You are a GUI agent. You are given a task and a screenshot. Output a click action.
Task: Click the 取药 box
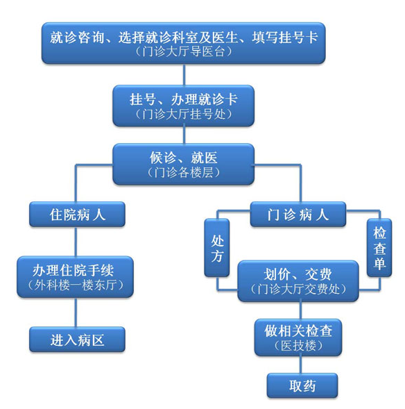pyautogui.click(x=302, y=385)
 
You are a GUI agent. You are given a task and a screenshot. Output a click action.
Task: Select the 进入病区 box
pyautogui.click(x=77, y=340)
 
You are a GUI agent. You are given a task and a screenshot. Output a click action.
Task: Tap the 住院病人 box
pyautogui.click(x=77, y=214)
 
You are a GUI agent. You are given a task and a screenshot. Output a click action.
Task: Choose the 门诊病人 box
pyautogui.click(x=298, y=214)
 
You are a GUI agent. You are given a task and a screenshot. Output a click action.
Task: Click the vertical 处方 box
pyautogui.click(x=217, y=247)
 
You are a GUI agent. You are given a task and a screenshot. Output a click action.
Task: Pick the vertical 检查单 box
pyautogui.click(x=379, y=247)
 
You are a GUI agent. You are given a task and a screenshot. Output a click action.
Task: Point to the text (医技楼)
pyautogui.click(x=298, y=346)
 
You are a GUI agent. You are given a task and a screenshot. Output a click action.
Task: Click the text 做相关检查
pyautogui.click(x=298, y=331)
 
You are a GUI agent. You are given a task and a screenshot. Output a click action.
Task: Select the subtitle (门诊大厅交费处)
pyautogui.click(x=298, y=289)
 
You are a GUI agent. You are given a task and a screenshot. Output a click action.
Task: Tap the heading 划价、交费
pyautogui.click(x=298, y=274)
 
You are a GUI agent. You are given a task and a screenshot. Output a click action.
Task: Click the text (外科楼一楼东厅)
pyautogui.click(x=76, y=285)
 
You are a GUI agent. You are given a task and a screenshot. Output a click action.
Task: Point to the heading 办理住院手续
pyautogui.click(x=74, y=270)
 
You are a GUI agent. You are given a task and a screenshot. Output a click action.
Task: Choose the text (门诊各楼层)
pyautogui.click(x=184, y=172)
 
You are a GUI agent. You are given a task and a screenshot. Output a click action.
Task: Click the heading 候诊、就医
pyautogui.click(x=184, y=158)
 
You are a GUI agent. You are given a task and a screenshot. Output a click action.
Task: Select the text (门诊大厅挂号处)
pyautogui.click(x=184, y=114)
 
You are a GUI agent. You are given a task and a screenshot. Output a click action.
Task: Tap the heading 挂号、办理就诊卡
pyautogui.click(x=184, y=99)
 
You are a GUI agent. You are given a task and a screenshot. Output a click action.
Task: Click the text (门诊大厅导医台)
pyautogui.click(x=184, y=51)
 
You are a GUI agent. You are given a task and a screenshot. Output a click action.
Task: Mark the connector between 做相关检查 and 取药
pyautogui.click(x=302, y=365)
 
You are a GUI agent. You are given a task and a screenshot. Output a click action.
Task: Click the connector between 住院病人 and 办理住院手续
pyautogui.click(x=76, y=241)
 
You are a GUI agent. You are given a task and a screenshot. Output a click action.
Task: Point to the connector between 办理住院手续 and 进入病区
pyautogui.click(x=76, y=312)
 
